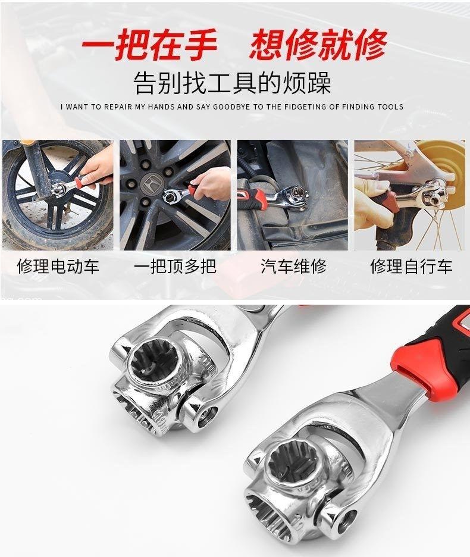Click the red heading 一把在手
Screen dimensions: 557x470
(149, 46)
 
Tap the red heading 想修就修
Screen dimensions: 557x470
(318, 46)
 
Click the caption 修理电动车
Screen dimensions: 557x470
(58, 266)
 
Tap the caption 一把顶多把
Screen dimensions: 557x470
(175, 266)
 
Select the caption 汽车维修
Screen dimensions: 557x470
(293, 266)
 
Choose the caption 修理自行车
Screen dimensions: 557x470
(411, 266)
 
